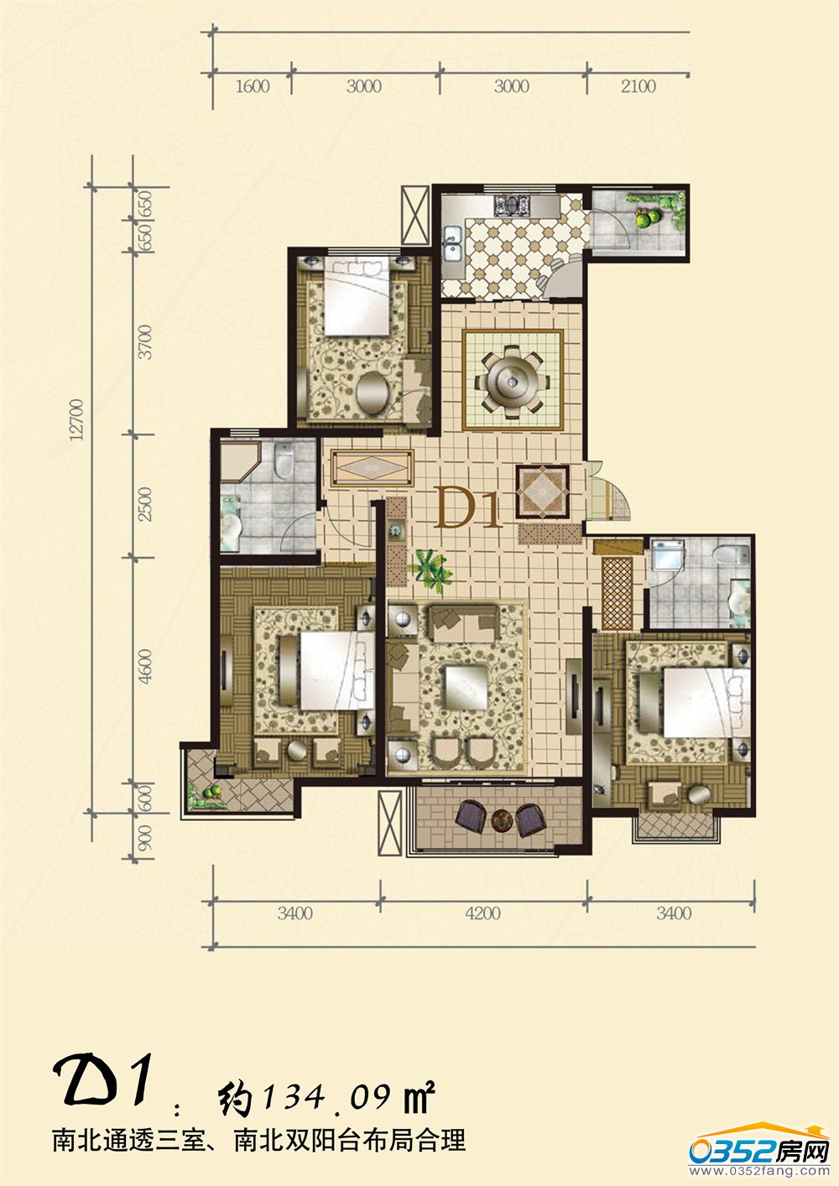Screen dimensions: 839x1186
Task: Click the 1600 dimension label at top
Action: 253,86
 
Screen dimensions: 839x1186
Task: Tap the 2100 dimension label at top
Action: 638,86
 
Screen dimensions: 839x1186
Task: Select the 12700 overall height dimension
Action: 77,419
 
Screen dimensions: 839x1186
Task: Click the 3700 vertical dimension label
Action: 144,342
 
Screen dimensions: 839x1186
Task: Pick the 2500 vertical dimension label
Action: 144,504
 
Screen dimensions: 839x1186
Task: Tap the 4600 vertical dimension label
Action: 144,665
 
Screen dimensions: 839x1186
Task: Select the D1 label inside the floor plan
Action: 467,511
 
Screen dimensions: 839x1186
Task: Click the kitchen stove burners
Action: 512,205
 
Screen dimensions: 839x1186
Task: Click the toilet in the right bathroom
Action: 731,555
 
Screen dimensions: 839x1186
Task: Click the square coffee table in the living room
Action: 466,687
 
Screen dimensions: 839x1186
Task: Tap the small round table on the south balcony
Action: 501,820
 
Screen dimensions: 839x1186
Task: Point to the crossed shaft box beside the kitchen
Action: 415,215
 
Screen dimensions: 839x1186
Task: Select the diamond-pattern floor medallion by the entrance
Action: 542,492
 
